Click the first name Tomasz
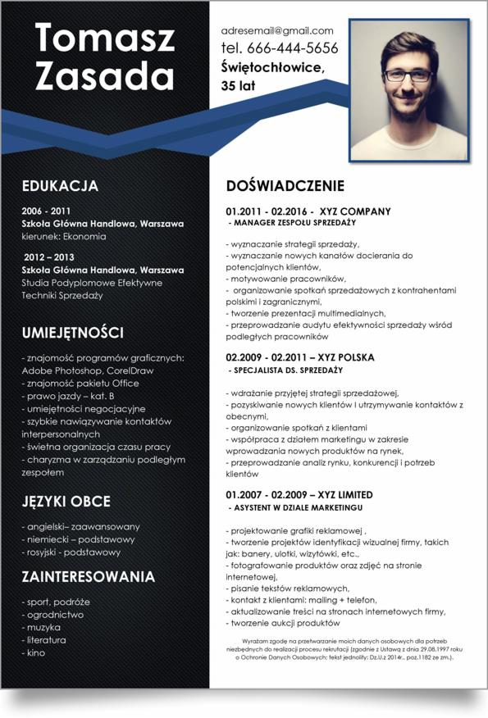pos(104,39)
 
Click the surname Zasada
pos(104,76)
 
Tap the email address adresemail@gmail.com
pos(277,30)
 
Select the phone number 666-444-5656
pos(293,48)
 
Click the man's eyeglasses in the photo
pos(408,75)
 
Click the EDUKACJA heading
pos(60,186)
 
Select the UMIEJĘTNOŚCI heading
pos(73,333)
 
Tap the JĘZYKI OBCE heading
pos(66,501)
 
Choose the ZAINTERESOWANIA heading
pos(89,577)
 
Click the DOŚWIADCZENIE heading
pos(285,186)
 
